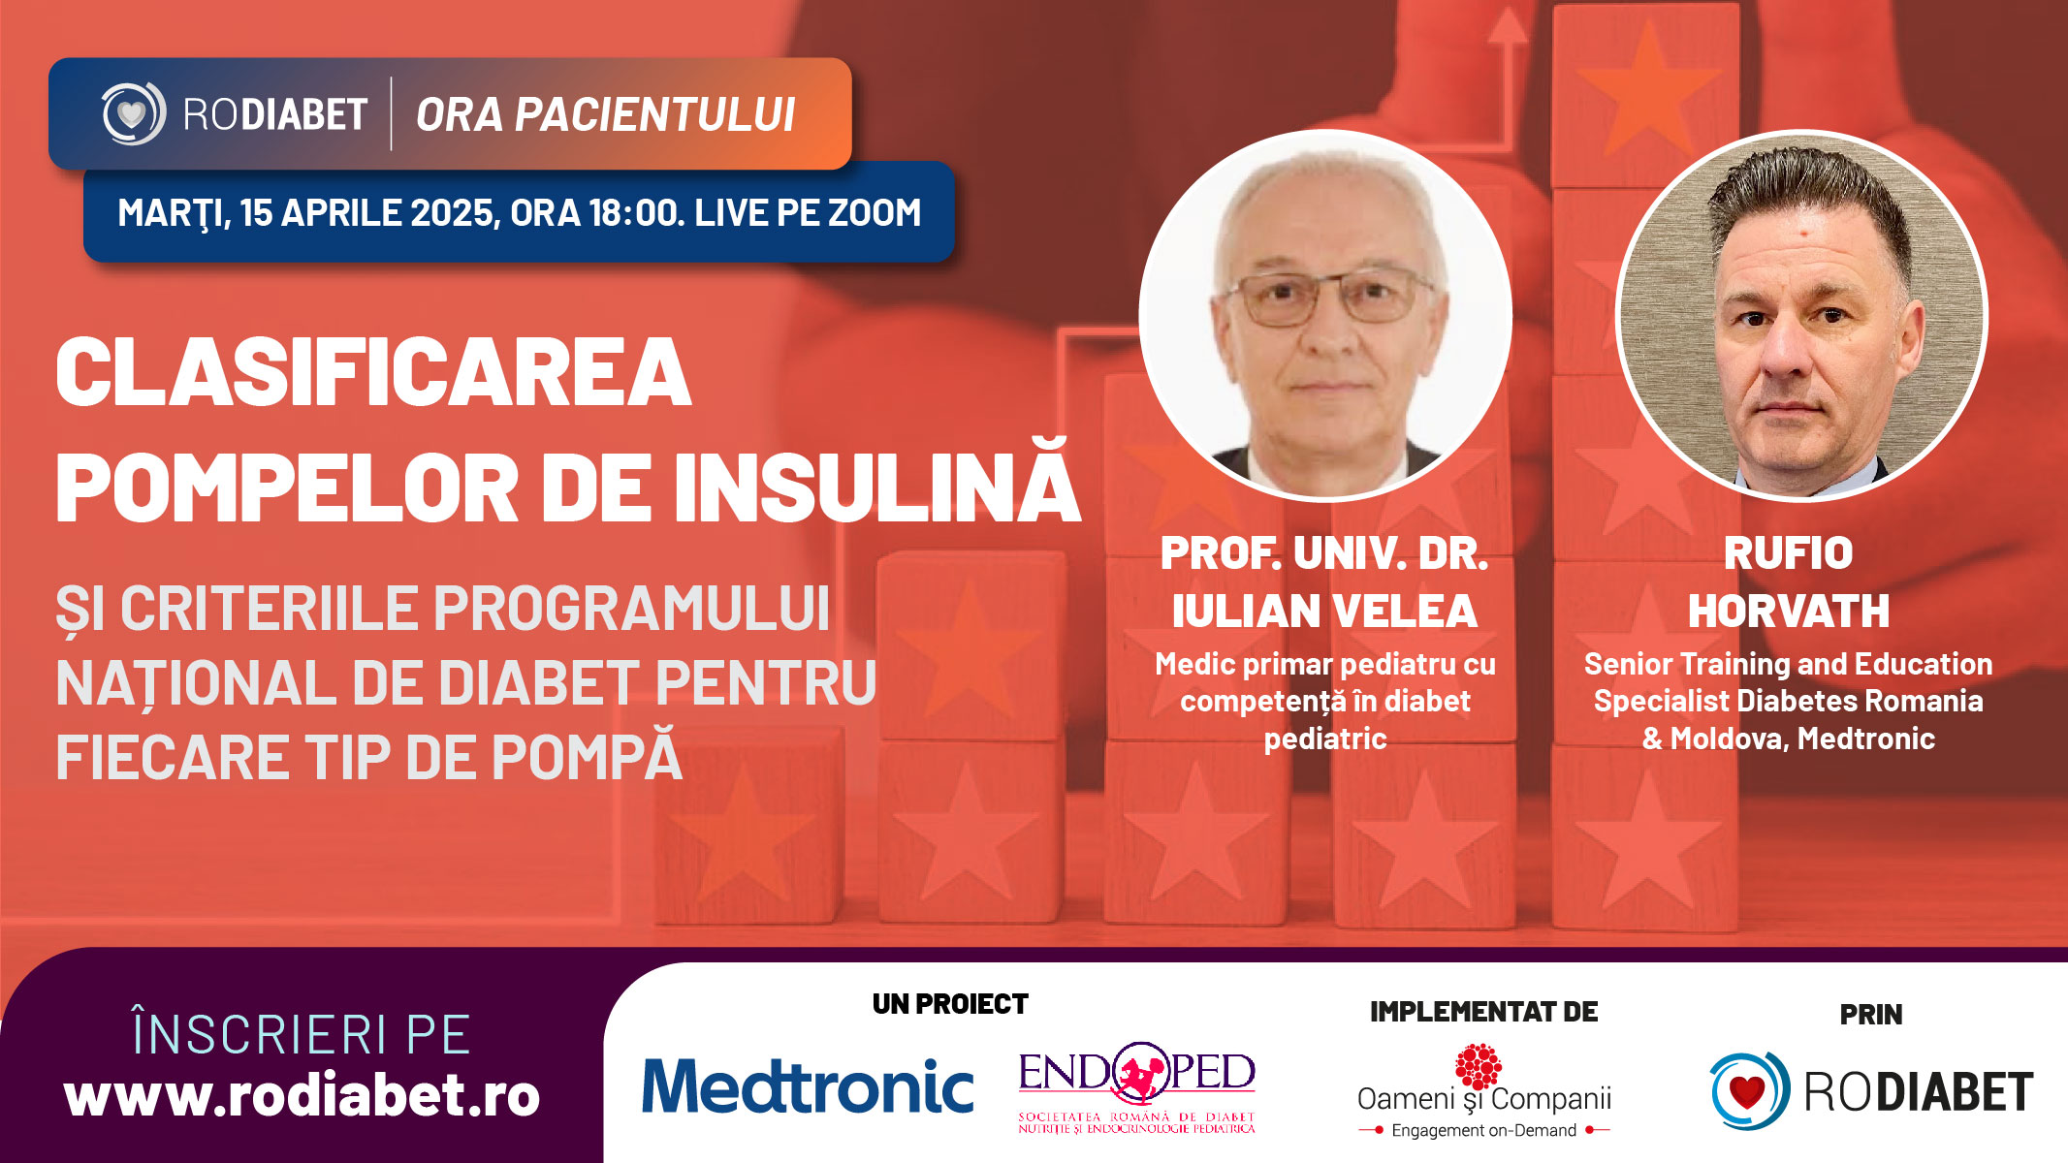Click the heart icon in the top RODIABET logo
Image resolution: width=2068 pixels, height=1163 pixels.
[x=132, y=114]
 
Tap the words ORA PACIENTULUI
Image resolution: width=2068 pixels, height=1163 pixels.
[x=606, y=114]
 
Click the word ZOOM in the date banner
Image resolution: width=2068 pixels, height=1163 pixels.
[x=869, y=212]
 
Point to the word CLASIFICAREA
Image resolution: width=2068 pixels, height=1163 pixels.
[x=373, y=372]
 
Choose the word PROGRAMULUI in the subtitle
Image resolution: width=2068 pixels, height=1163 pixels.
[x=632, y=609]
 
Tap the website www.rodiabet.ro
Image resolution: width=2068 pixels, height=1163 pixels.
[x=302, y=1095]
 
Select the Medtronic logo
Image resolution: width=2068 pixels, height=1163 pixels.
[x=808, y=1085]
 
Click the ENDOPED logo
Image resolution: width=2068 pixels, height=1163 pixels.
[x=1136, y=1087]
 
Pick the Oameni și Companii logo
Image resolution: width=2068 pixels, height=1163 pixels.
[x=1483, y=1091]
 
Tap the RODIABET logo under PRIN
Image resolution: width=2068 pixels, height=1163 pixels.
[x=1871, y=1091]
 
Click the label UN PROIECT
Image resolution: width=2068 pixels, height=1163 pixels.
[x=950, y=1004]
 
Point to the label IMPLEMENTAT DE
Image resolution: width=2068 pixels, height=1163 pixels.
[x=1483, y=1012]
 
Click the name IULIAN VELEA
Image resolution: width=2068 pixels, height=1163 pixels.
[x=1324, y=612]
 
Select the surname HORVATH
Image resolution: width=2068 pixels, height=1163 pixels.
[x=1789, y=612]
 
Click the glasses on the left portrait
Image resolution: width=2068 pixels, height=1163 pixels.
[x=1328, y=296]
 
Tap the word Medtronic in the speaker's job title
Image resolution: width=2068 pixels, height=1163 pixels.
[x=1866, y=739]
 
